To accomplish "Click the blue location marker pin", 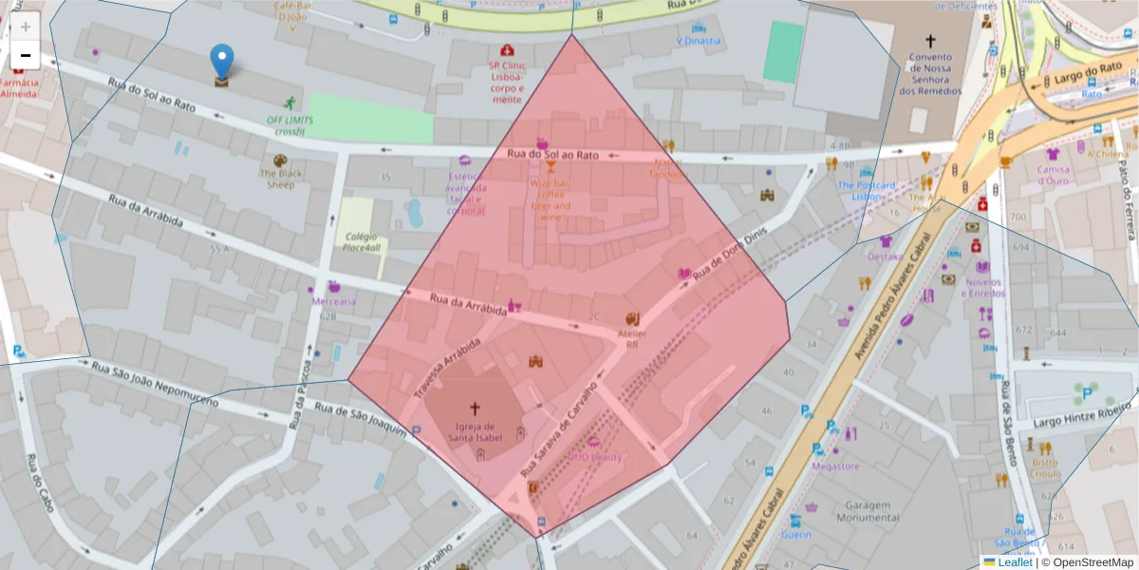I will pos(221,63).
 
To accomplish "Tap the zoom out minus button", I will pos(26,56).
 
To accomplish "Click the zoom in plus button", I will pos(26,27).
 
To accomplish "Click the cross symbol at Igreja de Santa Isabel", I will pos(474,408).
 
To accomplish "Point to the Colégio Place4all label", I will pos(363,242).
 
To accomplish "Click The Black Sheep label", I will pos(279,179).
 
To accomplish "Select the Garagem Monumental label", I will pos(868,511).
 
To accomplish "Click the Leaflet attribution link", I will pos(1014,562).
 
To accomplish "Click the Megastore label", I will pos(835,465).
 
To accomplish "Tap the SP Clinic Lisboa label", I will pos(507,82).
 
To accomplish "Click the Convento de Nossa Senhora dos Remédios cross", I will pos(930,41).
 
